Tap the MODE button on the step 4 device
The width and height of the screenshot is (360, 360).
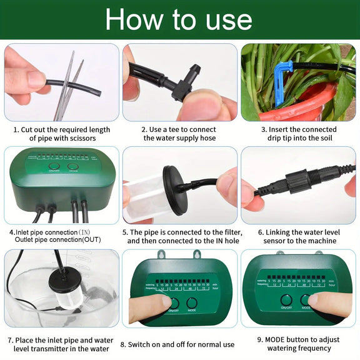coord(73,168)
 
